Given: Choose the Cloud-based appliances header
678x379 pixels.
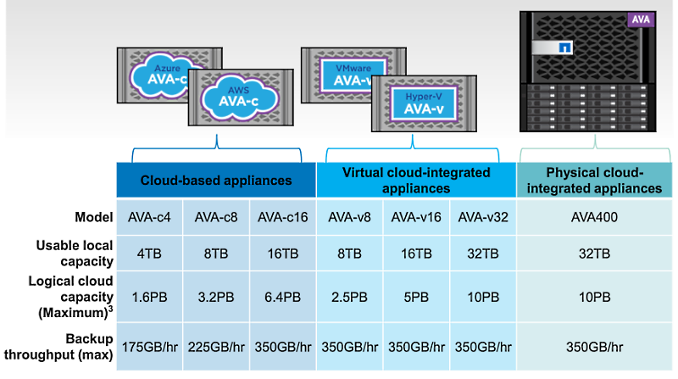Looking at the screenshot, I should [216, 180].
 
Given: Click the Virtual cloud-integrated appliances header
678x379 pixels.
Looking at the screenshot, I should [416, 180].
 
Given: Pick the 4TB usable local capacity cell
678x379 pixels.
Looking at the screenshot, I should [149, 253].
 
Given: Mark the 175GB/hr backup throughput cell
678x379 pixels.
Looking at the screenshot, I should [149, 346].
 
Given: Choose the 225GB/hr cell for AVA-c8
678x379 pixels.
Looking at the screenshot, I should [216, 346].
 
